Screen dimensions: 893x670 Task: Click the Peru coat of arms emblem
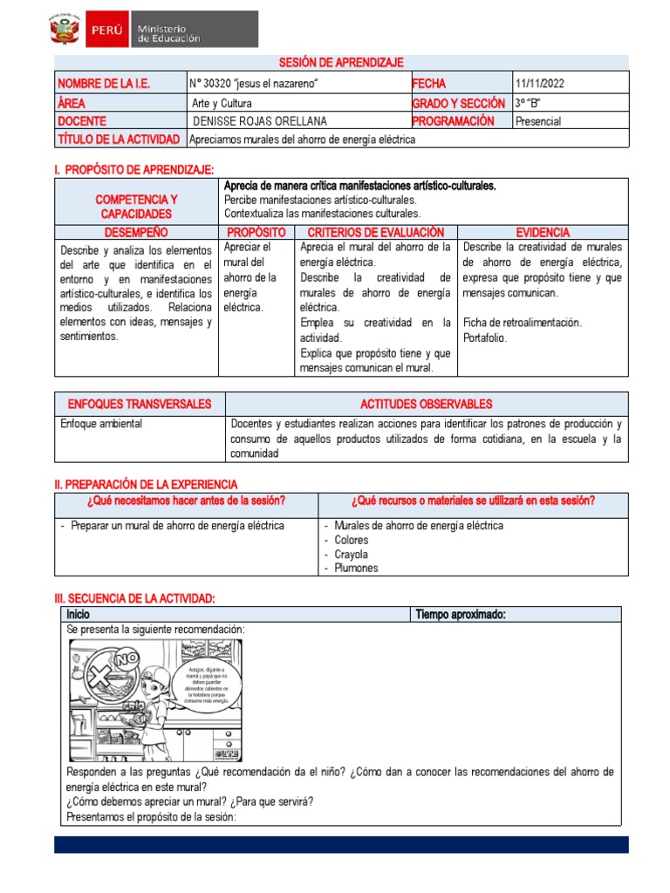66,31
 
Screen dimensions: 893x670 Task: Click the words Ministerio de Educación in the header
168,32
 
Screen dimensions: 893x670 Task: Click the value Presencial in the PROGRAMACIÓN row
538,121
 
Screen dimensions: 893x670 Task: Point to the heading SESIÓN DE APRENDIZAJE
341,62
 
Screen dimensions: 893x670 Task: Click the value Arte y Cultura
222,103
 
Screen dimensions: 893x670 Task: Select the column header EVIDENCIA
543,233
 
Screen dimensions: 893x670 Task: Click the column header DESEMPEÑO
136,233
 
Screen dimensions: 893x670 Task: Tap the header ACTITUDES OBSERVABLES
426,404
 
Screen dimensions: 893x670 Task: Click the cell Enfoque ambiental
101,424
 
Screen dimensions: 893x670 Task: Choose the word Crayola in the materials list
351,554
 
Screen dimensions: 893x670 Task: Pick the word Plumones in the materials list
356,568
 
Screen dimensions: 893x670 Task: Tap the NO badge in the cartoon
127,655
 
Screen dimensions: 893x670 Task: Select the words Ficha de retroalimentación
523,322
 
